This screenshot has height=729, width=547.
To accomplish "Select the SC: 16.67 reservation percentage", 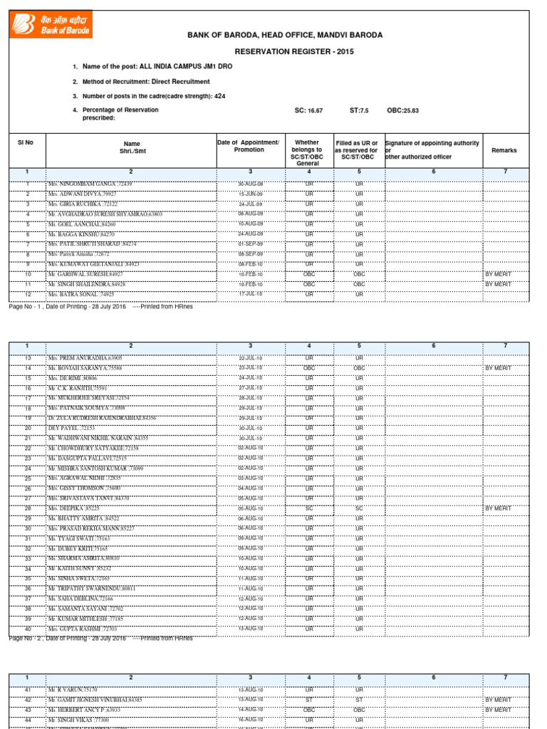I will pos(308,110).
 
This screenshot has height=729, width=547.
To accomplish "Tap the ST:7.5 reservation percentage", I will pos(359,110).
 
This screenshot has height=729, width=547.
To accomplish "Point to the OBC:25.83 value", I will pos(403,110).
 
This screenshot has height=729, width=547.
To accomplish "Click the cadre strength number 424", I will pos(219,95).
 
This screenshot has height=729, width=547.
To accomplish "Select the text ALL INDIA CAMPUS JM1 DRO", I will pos(187,66).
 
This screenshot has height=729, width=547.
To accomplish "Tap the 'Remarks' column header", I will pos(504,150).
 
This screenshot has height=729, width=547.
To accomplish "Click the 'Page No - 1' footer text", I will pos(27,307).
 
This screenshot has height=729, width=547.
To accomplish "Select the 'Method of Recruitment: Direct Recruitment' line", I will pos(146,81).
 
